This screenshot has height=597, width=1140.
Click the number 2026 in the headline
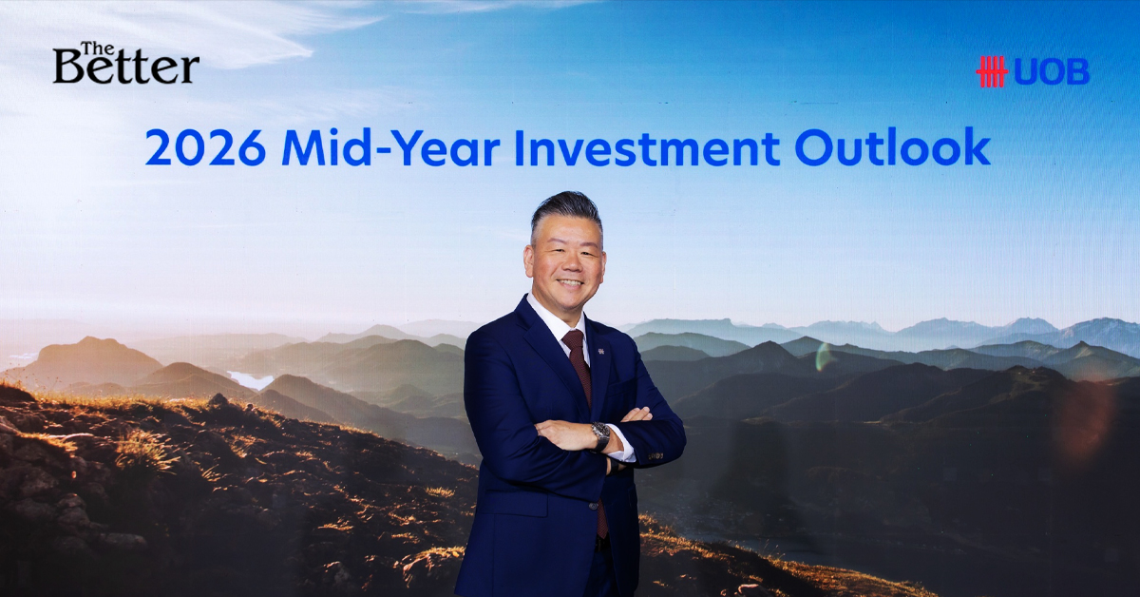point(205,147)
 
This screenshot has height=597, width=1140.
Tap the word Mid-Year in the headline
point(390,147)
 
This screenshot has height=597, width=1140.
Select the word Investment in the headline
point(647,147)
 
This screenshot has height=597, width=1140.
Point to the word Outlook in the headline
point(893,146)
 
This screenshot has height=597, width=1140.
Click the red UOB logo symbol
point(992,72)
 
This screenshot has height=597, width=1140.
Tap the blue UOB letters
point(1052,72)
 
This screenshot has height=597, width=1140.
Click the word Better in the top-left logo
point(125,68)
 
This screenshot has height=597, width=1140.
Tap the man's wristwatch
point(600,436)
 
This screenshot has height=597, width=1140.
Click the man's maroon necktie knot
point(573,337)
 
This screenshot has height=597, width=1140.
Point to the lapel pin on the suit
point(600,351)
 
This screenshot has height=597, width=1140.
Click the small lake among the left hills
point(251,379)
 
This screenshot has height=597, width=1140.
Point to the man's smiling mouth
point(570,282)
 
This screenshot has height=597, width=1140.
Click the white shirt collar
point(558,318)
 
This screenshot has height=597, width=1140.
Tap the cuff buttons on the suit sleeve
point(656,455)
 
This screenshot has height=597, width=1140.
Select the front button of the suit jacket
point(593,506)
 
